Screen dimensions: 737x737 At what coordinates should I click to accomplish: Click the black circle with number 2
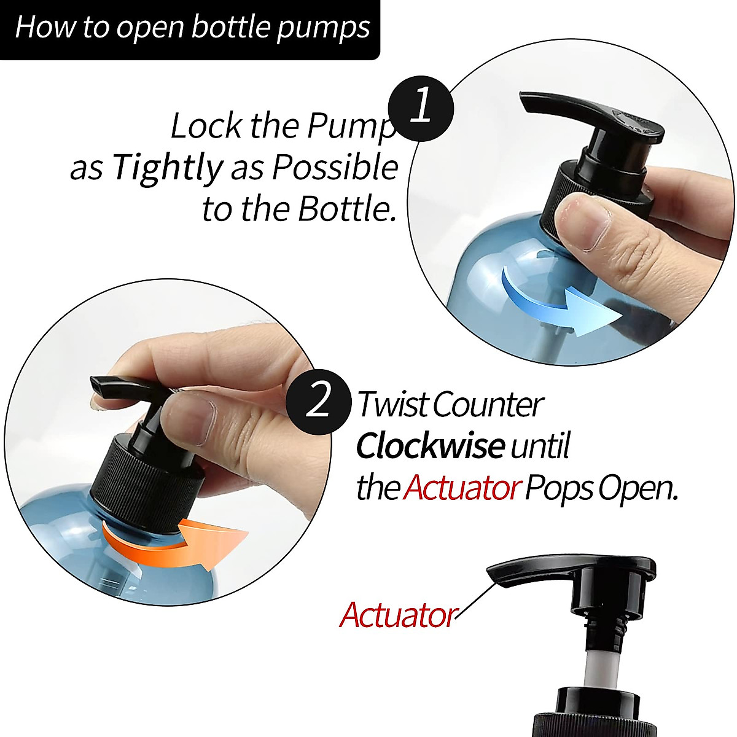[x=318, y=402]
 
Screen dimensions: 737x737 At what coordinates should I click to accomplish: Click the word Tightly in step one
[x=166, y=167]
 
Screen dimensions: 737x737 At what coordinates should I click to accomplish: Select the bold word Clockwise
[x=431, y=446]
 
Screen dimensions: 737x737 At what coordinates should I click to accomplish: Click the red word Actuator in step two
[x=462, y=488]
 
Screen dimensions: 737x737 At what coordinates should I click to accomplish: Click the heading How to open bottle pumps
[x=192, y=28]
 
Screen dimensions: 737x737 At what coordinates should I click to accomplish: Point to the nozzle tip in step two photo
[x=98, y=387]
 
